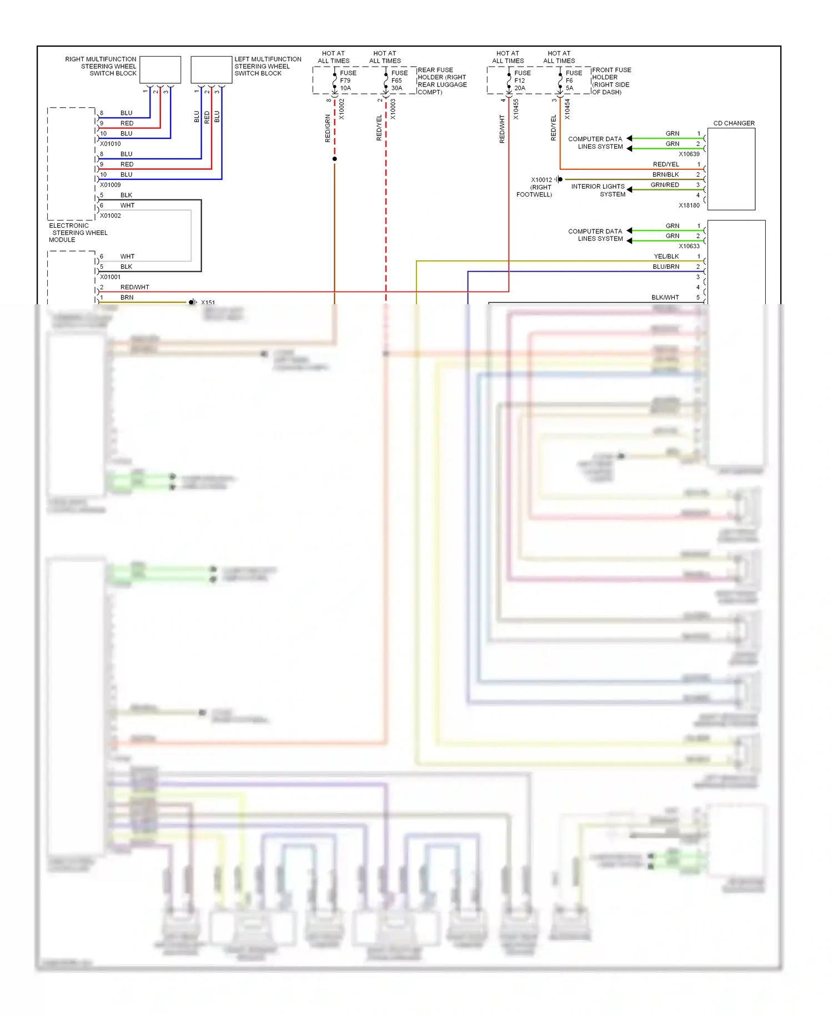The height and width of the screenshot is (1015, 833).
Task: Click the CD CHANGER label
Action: click(733, 123)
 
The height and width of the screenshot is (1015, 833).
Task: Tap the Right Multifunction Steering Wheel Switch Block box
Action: click(160, 69)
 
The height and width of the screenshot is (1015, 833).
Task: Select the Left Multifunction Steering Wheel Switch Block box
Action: click(211, 69)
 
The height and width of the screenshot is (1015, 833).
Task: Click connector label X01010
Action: click(110, 144)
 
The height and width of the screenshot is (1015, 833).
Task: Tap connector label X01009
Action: click(110, 185)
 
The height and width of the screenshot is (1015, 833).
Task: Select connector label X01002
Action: click(110, 215)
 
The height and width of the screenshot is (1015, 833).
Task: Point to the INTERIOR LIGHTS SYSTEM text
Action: click(598, 190)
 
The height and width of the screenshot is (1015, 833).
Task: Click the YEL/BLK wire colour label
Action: click(666, 257)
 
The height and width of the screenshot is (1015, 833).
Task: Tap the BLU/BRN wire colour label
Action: click(665, 267)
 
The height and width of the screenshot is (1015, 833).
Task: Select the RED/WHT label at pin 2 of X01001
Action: click(134, 287)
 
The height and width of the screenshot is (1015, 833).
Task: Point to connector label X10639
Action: click(689, 154)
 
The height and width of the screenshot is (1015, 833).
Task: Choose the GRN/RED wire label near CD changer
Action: click(664, 185)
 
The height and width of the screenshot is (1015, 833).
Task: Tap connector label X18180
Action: click(689, 205)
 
